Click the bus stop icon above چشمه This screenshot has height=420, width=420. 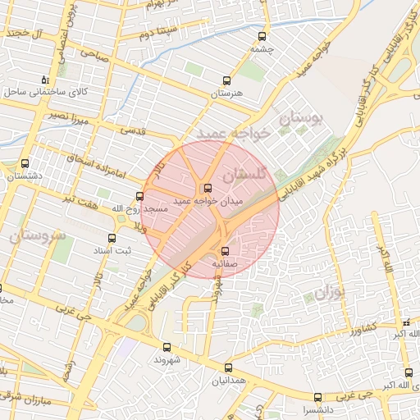(262, 36)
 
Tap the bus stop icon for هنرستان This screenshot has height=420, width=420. (227, 81)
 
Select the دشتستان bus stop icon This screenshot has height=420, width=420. (25, 163)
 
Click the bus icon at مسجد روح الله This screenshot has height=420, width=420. (139, 196)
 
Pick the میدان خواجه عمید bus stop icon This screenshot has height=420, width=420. (207, 188)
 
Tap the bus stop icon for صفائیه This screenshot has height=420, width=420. (225, 252)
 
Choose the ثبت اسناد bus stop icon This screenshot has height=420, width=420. (112, 238)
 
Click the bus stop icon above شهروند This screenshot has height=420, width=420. (167, 347)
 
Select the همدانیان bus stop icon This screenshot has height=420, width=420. (228, 367)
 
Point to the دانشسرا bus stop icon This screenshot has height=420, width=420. (317, 397)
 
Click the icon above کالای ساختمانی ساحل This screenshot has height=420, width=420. (45, 80)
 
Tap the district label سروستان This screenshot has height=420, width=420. (35, 235)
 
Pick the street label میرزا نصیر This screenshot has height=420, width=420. (66, 116)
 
